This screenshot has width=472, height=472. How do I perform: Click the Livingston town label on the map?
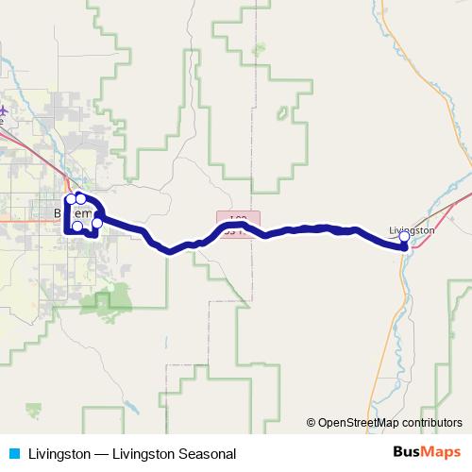tap(413, 229)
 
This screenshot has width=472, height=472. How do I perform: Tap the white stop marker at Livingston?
tap(404, 238)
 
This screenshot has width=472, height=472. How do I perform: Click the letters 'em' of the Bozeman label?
tap(84, 215)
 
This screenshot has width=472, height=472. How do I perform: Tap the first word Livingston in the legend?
tap(59, 453)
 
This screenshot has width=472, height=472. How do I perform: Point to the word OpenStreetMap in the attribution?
tap(359, 422)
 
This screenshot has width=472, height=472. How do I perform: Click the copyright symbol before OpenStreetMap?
tap(311, 422)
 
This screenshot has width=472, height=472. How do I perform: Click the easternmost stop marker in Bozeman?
tap(97, 224)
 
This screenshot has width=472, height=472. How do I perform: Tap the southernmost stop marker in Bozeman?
tap(78, 227)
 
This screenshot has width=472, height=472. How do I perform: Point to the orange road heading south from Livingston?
tap(385, 283)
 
